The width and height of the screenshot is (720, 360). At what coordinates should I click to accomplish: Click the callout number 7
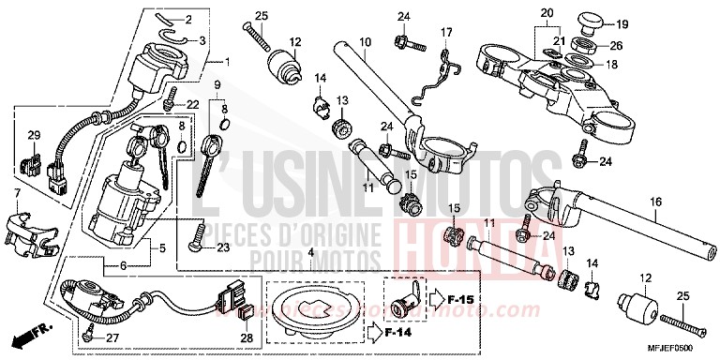point(17,193)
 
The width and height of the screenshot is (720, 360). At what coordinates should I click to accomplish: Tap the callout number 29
point(35,137)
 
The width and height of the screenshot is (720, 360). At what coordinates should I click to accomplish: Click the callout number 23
point(222,248)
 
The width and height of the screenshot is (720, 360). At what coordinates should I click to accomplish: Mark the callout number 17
point(446,33)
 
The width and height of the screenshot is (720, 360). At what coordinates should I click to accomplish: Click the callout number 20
point(547,12)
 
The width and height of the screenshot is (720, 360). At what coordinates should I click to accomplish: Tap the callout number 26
point(615,45)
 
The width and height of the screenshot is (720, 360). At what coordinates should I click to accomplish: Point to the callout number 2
point(187,20)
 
